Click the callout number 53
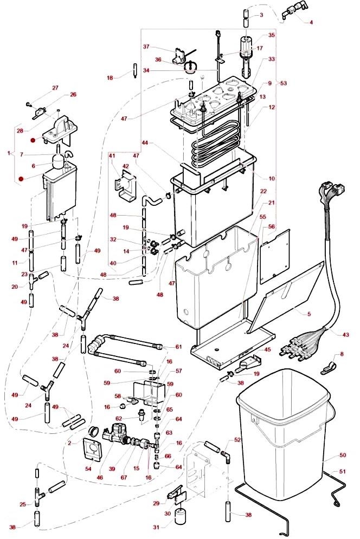point(283,83)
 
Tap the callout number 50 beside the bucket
point(342,455)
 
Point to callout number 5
point(308,314)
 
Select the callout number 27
point(55,88)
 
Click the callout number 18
point(110,78)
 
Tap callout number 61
point(178,347)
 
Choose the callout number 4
point(311,22)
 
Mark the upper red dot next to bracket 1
point(34,140)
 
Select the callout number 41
point(112,156)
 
